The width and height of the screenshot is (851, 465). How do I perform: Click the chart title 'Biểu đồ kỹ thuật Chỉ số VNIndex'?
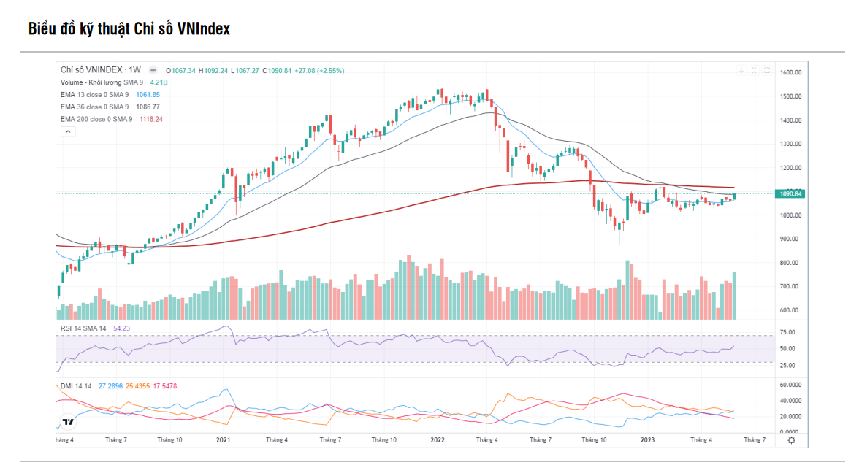click(129, 29)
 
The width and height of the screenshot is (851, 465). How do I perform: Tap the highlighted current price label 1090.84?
click(792, 193)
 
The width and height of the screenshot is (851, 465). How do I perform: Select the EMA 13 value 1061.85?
click(148, 95)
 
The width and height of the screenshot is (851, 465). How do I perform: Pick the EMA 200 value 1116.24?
click(151, 119)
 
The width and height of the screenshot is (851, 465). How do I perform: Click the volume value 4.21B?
click(159, 82)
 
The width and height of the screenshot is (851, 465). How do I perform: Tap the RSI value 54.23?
click(121, 328)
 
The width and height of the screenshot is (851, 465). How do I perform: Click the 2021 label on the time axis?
click(224, 440)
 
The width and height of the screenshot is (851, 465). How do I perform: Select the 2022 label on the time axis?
click(438, 440)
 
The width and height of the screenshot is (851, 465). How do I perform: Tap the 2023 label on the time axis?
click(647, 440)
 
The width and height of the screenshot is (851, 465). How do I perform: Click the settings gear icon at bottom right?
click(791, 440)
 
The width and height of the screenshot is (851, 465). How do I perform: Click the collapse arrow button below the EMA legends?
click(67, 131)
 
